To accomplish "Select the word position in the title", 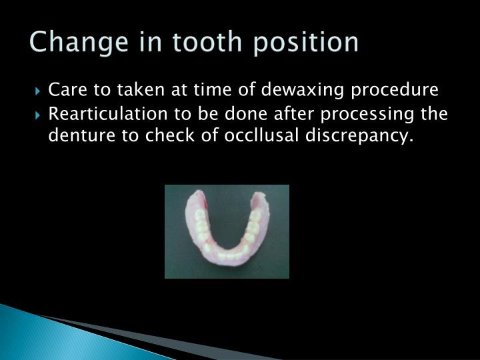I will [307, 43].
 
